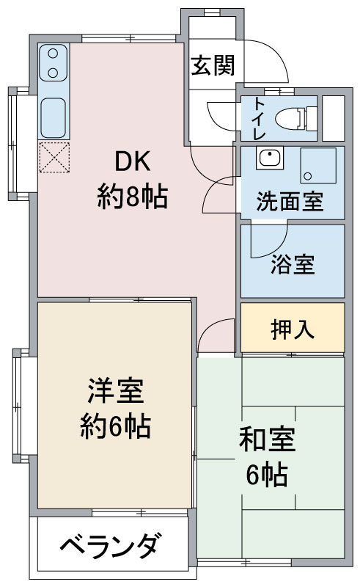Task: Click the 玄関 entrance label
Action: [213, 65]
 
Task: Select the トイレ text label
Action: [259, 118]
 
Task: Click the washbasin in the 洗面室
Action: [269, 158]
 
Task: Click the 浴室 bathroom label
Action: [293, 264]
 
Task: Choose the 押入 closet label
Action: [293, 329]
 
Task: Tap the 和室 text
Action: [267, 439]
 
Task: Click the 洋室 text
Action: [115, 390]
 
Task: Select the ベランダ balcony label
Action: [112, 546]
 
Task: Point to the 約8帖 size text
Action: [132, 197]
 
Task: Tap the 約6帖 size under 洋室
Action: [115, 426]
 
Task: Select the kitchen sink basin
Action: [53, 118]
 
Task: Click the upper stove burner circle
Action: [53, 54]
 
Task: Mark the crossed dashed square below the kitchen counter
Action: [54, 157]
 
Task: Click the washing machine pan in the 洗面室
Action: [318, 166]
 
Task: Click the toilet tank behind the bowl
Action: [312, 119]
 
